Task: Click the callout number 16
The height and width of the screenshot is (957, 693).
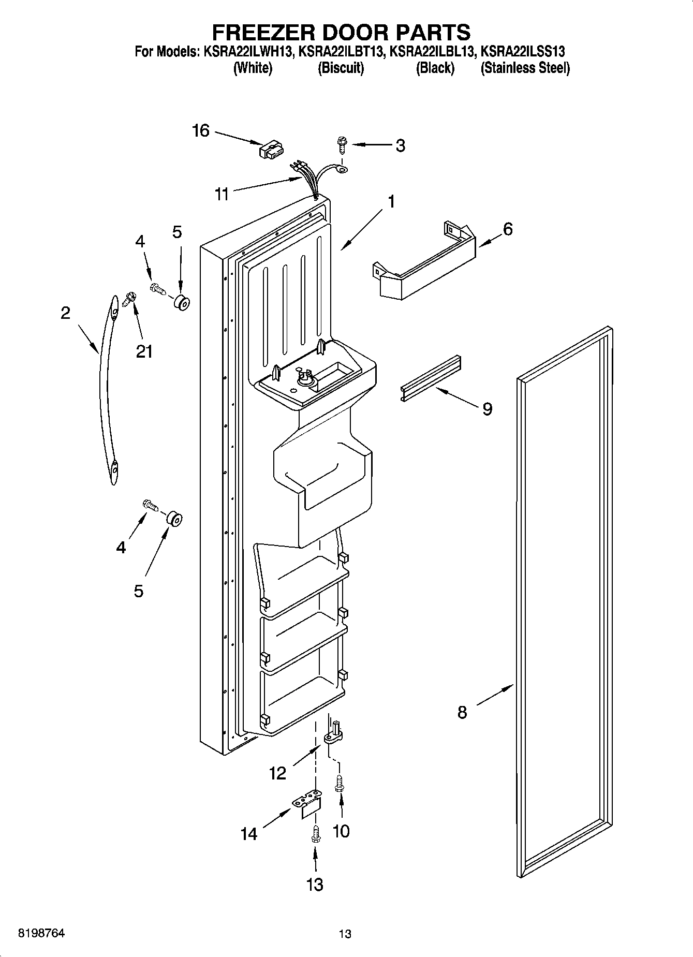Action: click(201, 131)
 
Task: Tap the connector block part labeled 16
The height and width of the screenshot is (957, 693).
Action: click(271, 151)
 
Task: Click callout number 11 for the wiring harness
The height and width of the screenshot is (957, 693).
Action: click(222, 195)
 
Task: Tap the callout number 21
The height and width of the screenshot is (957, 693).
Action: click(144, 351)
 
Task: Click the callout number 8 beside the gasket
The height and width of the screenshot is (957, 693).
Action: click(462, 712)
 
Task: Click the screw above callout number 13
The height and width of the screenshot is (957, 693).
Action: click(315, 833)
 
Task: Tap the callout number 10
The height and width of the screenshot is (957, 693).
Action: click(341, 831)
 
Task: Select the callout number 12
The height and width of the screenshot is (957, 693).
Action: click(278, 774)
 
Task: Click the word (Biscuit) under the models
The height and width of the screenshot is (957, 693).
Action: click(341, 68)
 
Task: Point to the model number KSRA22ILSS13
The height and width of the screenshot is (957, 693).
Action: click(523, 52)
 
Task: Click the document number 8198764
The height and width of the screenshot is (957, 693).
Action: click(41, 934)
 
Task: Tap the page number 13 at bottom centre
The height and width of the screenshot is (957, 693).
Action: click(345, 934)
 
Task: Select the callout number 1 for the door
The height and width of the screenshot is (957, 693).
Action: click(391, 201)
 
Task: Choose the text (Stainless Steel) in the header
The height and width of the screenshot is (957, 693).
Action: click(525, 68)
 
